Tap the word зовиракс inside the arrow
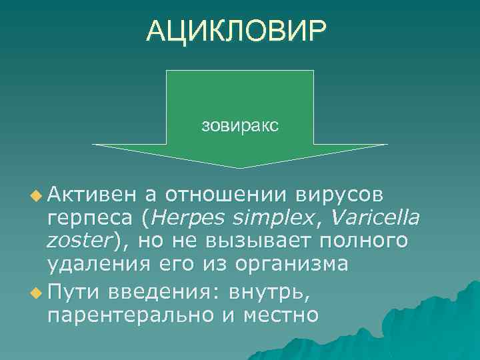[239, 125]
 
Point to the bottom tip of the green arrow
[239, 167]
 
